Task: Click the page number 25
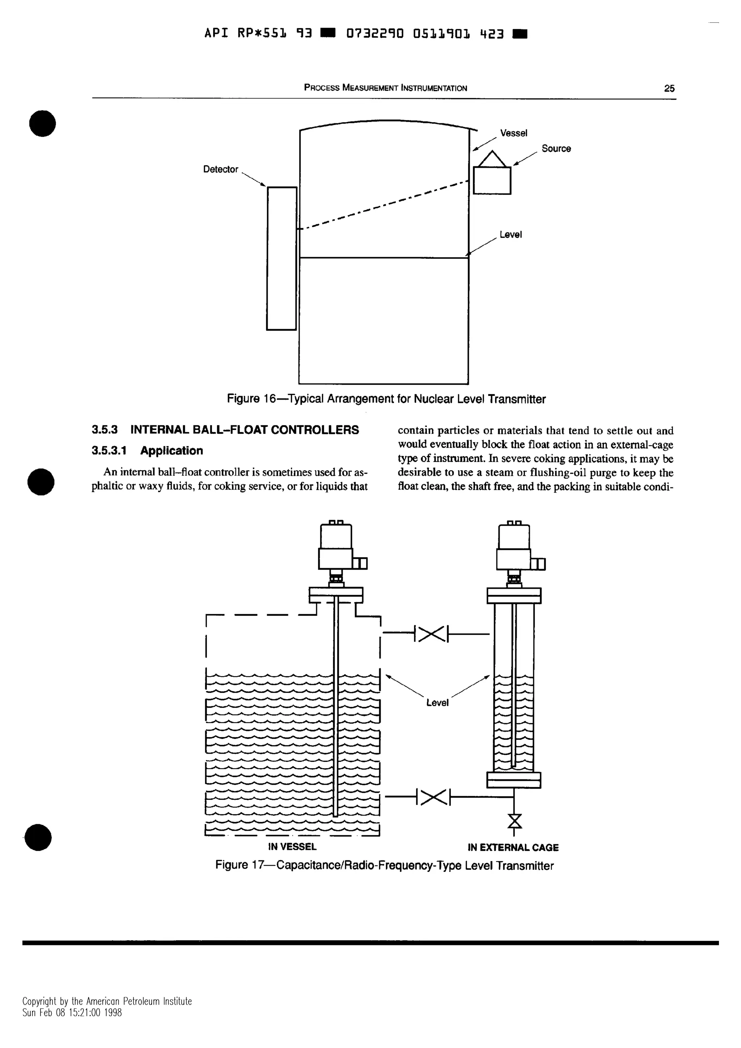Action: pos(669,89)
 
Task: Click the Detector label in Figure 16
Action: pos(220,169)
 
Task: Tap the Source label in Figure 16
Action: pos(556,149)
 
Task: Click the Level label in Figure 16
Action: pos(511,235)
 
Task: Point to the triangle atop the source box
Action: pos(492,160)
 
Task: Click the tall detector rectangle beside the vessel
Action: pos(281,258)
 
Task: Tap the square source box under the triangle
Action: pos(492,181)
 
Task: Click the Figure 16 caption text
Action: pos(386,399)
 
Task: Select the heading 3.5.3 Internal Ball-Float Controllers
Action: pos(225,430)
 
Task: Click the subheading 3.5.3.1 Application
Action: pos(147,451)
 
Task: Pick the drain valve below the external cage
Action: pos(515,821)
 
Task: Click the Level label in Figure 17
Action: pos(437,703)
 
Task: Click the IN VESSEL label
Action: pos(292,847)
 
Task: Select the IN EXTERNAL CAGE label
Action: pos(513,848)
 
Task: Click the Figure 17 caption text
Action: pos(384,866)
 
